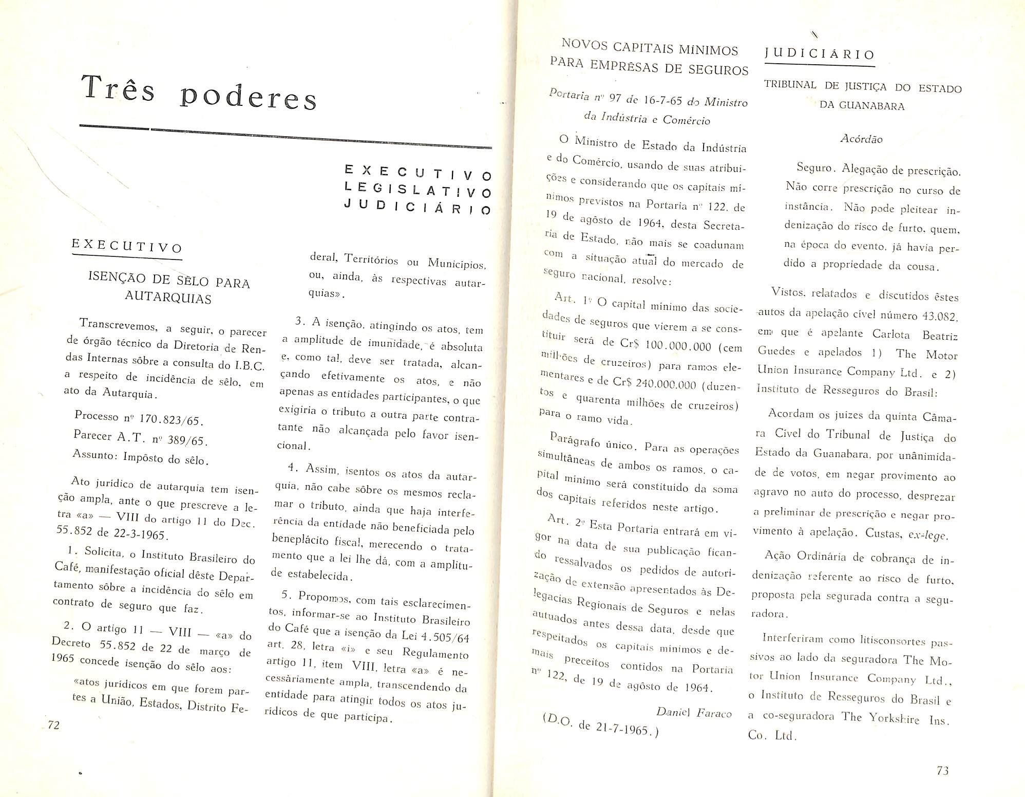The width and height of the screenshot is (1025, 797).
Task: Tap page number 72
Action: coord(53,725)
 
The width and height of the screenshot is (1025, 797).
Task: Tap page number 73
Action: coord(942,770)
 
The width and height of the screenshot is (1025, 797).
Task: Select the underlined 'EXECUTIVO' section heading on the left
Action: coord(127,246)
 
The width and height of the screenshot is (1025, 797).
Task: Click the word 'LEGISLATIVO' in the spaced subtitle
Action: coord(417,190)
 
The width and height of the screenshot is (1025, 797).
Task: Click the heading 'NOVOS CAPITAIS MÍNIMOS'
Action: coord(650,47)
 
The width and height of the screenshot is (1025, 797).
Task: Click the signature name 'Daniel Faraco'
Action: coord(694,712)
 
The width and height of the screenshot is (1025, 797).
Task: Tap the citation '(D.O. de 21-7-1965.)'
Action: coord(600,726)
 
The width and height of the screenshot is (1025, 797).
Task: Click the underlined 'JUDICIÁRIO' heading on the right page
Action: coord(819,54)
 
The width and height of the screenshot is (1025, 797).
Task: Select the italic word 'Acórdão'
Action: coord(861,139)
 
